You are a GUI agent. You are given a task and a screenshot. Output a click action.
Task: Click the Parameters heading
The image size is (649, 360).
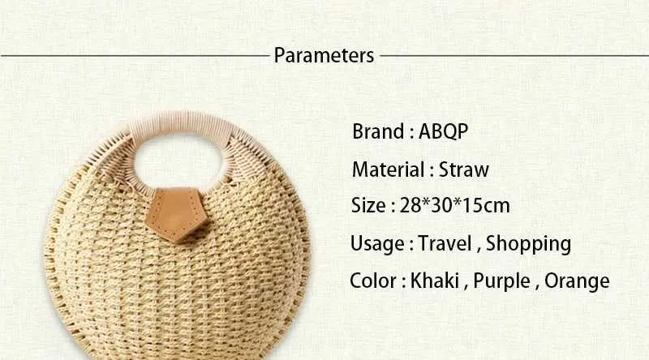point(324,55)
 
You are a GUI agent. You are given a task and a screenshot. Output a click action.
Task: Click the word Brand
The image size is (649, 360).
point(378,131)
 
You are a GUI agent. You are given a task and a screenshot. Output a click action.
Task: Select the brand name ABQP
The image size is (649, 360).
point(443,132)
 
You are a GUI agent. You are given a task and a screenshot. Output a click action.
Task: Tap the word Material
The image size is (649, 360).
point(388,169)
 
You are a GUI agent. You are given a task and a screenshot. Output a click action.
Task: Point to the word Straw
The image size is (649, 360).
point(463,169)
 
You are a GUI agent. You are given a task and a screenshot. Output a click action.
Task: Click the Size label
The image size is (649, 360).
point(368,205)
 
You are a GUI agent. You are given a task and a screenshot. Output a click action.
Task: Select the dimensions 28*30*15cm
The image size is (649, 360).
point(454,205)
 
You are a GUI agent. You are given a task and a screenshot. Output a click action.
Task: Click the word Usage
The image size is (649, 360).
point(377,243)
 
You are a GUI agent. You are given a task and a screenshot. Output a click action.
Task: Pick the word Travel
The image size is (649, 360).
point(445,243)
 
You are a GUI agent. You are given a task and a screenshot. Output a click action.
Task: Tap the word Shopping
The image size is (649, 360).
point(529,244)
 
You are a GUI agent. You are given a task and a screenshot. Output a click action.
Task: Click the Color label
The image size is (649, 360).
point(373,281)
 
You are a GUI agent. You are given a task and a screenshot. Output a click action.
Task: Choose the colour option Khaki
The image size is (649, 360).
point(434,281)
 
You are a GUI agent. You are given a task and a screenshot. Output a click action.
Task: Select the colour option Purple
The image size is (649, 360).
point(501,281)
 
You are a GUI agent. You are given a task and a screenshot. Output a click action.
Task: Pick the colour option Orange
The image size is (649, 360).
point(577,281)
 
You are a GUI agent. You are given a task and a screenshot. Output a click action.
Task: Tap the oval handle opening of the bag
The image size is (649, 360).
point(178,161)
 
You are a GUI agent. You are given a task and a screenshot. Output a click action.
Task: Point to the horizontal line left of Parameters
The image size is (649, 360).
point(135,55)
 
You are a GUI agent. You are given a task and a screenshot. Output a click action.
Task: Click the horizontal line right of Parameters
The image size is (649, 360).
point(514,55)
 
